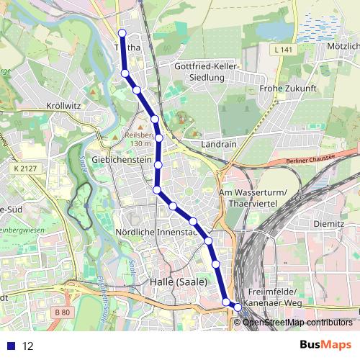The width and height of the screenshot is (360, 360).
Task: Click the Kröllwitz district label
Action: click(63, 105)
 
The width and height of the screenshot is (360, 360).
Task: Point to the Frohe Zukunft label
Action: click(288, 89)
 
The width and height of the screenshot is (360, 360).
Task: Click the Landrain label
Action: click(220, 144)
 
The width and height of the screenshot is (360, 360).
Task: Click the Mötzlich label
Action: click(343, 45)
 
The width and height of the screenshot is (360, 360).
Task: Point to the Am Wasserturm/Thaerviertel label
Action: click(252, 197)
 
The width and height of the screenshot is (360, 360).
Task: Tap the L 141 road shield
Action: click(284, 50)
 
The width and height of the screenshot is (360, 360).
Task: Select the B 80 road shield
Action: click(63, 312)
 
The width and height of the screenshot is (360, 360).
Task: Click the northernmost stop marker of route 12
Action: click(122, 32)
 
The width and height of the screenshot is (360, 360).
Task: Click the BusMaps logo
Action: click(325, 345)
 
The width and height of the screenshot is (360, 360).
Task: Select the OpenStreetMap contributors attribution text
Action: click(297, 322)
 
